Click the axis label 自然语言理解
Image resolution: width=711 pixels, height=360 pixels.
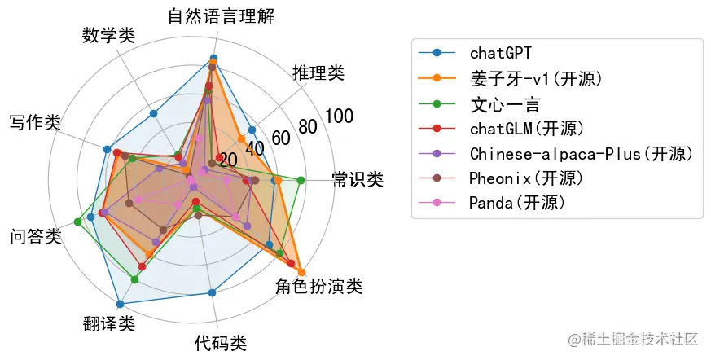click(222, 15)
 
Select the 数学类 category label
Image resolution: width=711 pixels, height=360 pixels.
click(108, 36)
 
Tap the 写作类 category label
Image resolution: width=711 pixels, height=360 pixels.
click(35, 122)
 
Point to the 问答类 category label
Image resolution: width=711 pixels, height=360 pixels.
click(36, 237)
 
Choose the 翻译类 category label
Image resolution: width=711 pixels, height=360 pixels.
click(108, 323)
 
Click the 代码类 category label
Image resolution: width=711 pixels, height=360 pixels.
click(220, 343)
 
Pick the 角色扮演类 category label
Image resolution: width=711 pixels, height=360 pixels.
click(318, 286)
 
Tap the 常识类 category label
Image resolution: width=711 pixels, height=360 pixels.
click(358, 180)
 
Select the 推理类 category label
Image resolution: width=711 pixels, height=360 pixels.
click(318, 73)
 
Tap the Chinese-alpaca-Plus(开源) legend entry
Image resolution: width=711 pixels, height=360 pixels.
click(581, 153)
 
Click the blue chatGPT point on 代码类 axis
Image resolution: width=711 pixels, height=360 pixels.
click(212, 292)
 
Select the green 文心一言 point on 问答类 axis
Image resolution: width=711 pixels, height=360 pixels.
click(77, 222)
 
